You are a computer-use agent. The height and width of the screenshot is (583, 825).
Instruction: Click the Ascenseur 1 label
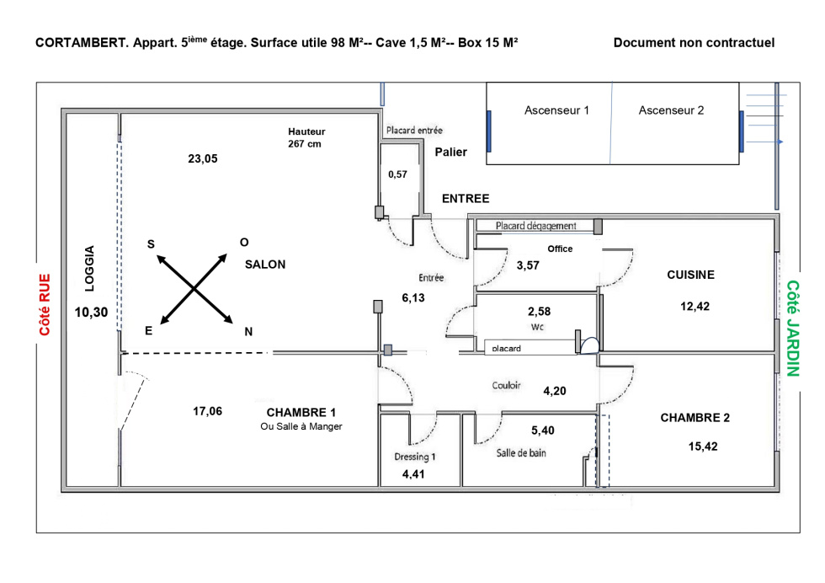556,110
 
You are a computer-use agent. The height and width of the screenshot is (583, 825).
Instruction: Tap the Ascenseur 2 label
671,110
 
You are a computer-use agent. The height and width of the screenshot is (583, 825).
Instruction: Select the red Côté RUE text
45,305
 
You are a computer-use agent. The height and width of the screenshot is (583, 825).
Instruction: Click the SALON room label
265,265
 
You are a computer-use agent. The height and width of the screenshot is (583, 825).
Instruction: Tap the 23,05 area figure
202,158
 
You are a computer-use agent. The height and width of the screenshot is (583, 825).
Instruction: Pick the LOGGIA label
90,268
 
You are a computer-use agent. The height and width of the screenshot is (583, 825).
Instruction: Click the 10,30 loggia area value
91,312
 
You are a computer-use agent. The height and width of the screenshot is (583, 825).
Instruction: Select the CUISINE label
690,275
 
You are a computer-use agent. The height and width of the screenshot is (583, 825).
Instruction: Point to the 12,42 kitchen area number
695,307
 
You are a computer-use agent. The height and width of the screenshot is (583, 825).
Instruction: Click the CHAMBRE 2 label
695,418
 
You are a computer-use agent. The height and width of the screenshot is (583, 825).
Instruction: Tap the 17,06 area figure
208,412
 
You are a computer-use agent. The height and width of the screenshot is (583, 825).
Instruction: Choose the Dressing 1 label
415,457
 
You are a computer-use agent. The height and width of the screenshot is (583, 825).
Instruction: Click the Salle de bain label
519,453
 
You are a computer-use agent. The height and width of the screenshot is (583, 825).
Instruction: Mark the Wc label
540,326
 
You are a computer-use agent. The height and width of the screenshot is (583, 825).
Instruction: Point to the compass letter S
151,244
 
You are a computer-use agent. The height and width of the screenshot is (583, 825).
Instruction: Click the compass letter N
248,332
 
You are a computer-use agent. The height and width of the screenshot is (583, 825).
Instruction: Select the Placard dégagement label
535,226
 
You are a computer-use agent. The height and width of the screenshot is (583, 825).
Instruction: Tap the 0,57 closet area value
397,174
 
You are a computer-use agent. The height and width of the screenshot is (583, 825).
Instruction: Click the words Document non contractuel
694,43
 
